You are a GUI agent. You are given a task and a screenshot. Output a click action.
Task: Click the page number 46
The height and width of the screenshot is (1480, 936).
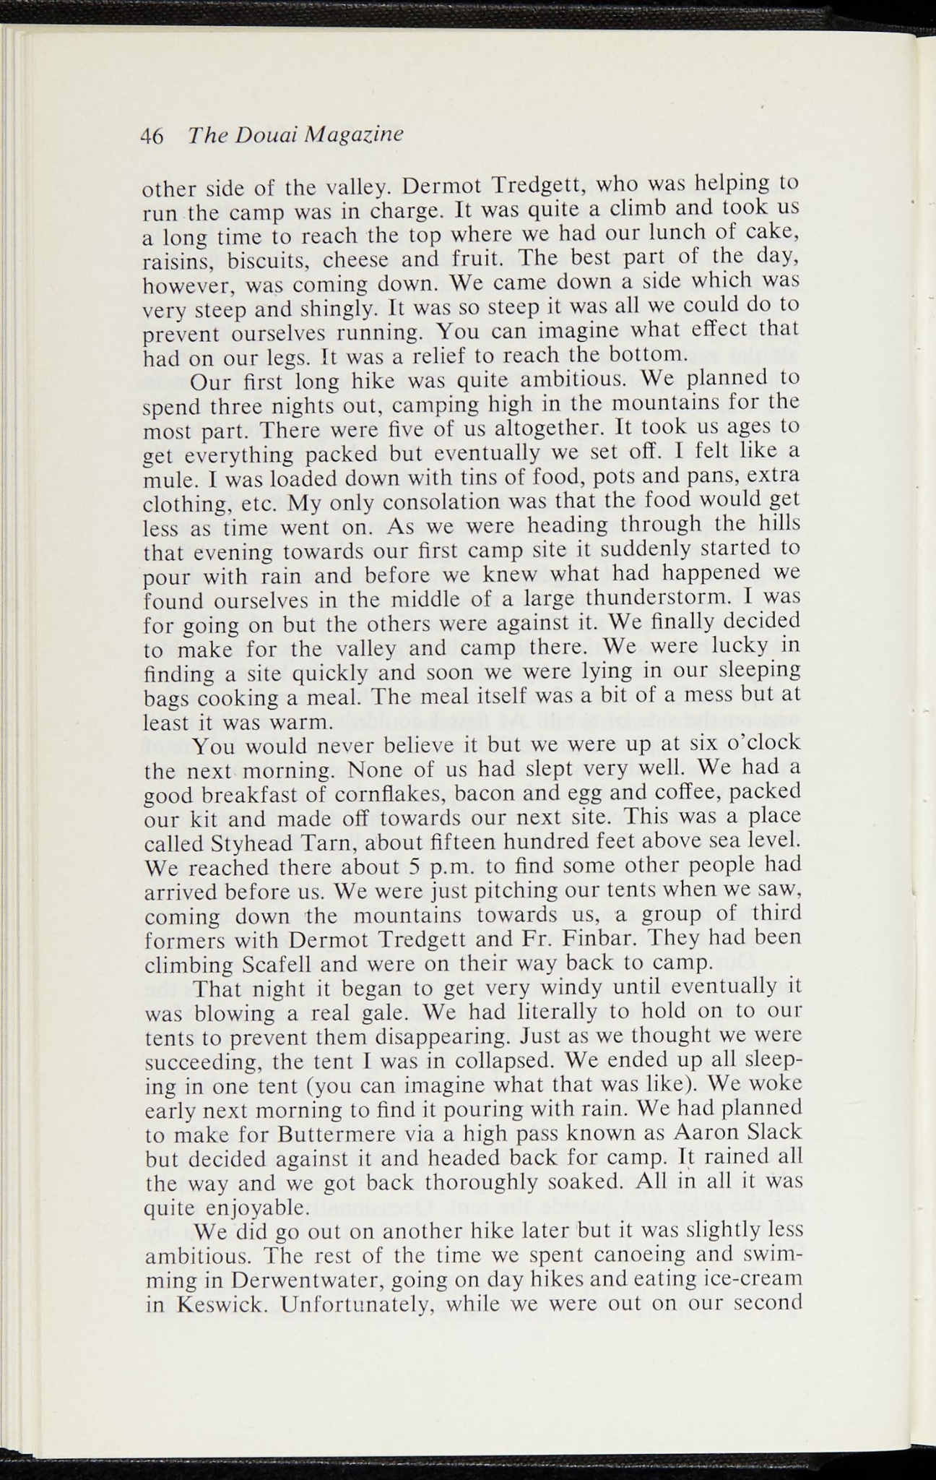[x=153, y=136]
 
